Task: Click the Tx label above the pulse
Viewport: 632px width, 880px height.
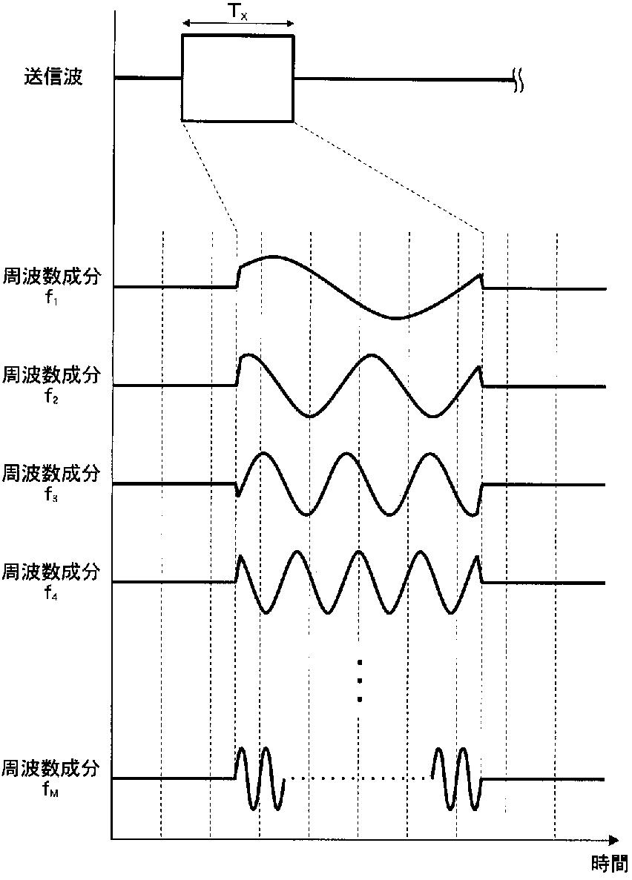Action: (239, 12)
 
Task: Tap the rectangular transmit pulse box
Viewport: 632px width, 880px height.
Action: (237, 78)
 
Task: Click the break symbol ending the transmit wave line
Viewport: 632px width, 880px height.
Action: (519, 79)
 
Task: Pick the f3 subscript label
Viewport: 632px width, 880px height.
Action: (51, 494)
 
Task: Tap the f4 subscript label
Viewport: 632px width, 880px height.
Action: (51, 594)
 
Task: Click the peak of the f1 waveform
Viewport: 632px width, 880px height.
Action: (274, 257)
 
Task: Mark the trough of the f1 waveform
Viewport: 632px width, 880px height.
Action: (396, 318)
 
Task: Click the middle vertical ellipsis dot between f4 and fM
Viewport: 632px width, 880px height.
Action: (359, 680)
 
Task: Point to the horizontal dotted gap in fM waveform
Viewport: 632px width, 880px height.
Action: (359, 778)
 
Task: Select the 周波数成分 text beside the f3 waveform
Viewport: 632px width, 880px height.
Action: (51, 473)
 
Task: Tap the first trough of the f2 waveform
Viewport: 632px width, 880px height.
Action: (309, 417)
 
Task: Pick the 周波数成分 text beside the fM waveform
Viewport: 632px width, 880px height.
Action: (51, 767)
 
